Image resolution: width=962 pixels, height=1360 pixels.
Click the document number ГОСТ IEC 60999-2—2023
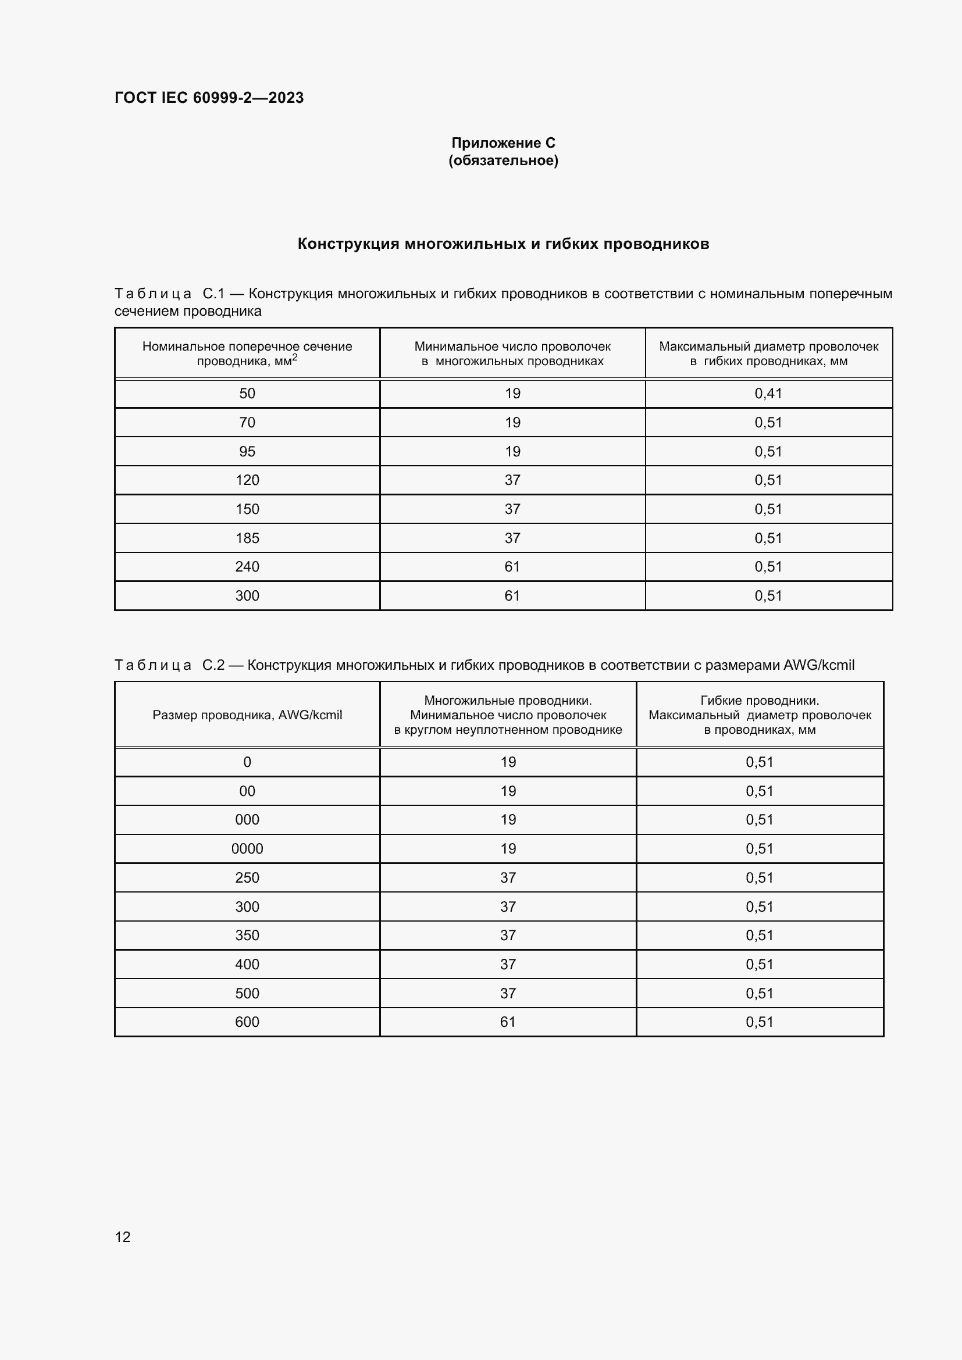(209, 98)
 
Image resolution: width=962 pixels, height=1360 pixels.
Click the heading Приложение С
(503, 143)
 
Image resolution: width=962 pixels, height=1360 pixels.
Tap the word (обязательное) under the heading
(503, 160)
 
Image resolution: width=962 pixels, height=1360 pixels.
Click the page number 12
(123, 1237)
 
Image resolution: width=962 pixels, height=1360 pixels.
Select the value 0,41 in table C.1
(768, 393)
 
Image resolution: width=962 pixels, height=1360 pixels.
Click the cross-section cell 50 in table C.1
(247, 393)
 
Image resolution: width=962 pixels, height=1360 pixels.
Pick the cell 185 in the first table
(247, 538)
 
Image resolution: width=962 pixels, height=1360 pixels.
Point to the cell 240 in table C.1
(247, 566)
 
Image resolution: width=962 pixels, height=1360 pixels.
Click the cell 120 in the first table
(247, 480)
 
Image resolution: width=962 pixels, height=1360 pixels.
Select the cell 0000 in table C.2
(247, 848)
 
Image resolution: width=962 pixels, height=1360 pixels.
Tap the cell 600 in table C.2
(247, 1022)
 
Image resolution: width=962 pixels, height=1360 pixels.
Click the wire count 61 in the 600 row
(508, 1022)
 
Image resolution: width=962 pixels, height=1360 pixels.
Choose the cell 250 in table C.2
(247, 877)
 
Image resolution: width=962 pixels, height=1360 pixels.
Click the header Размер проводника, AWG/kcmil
(247, 715)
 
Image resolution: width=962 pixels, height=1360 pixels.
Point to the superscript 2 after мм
(294, 357)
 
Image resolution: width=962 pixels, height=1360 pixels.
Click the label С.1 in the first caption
(213, 294)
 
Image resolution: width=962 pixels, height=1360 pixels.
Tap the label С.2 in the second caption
(213, 665)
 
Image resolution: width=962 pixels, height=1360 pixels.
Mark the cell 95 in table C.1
(247, 451)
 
